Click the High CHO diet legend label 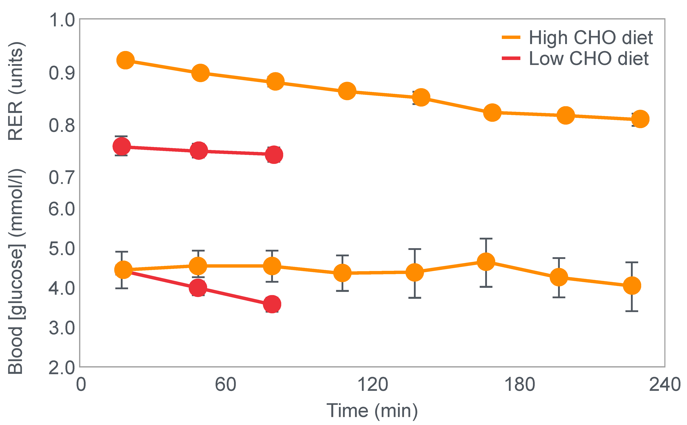point(590,38)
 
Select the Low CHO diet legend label point(588,59)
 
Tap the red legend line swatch point(511,58)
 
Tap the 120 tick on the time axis point(373,384)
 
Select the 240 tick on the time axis point(665,384)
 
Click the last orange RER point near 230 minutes point(640,119)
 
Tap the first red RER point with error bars point(122,146)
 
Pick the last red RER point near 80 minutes point(274,155)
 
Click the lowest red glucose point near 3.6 point(272,304)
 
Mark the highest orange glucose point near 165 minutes point(486,262)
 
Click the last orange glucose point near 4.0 point(632,286)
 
